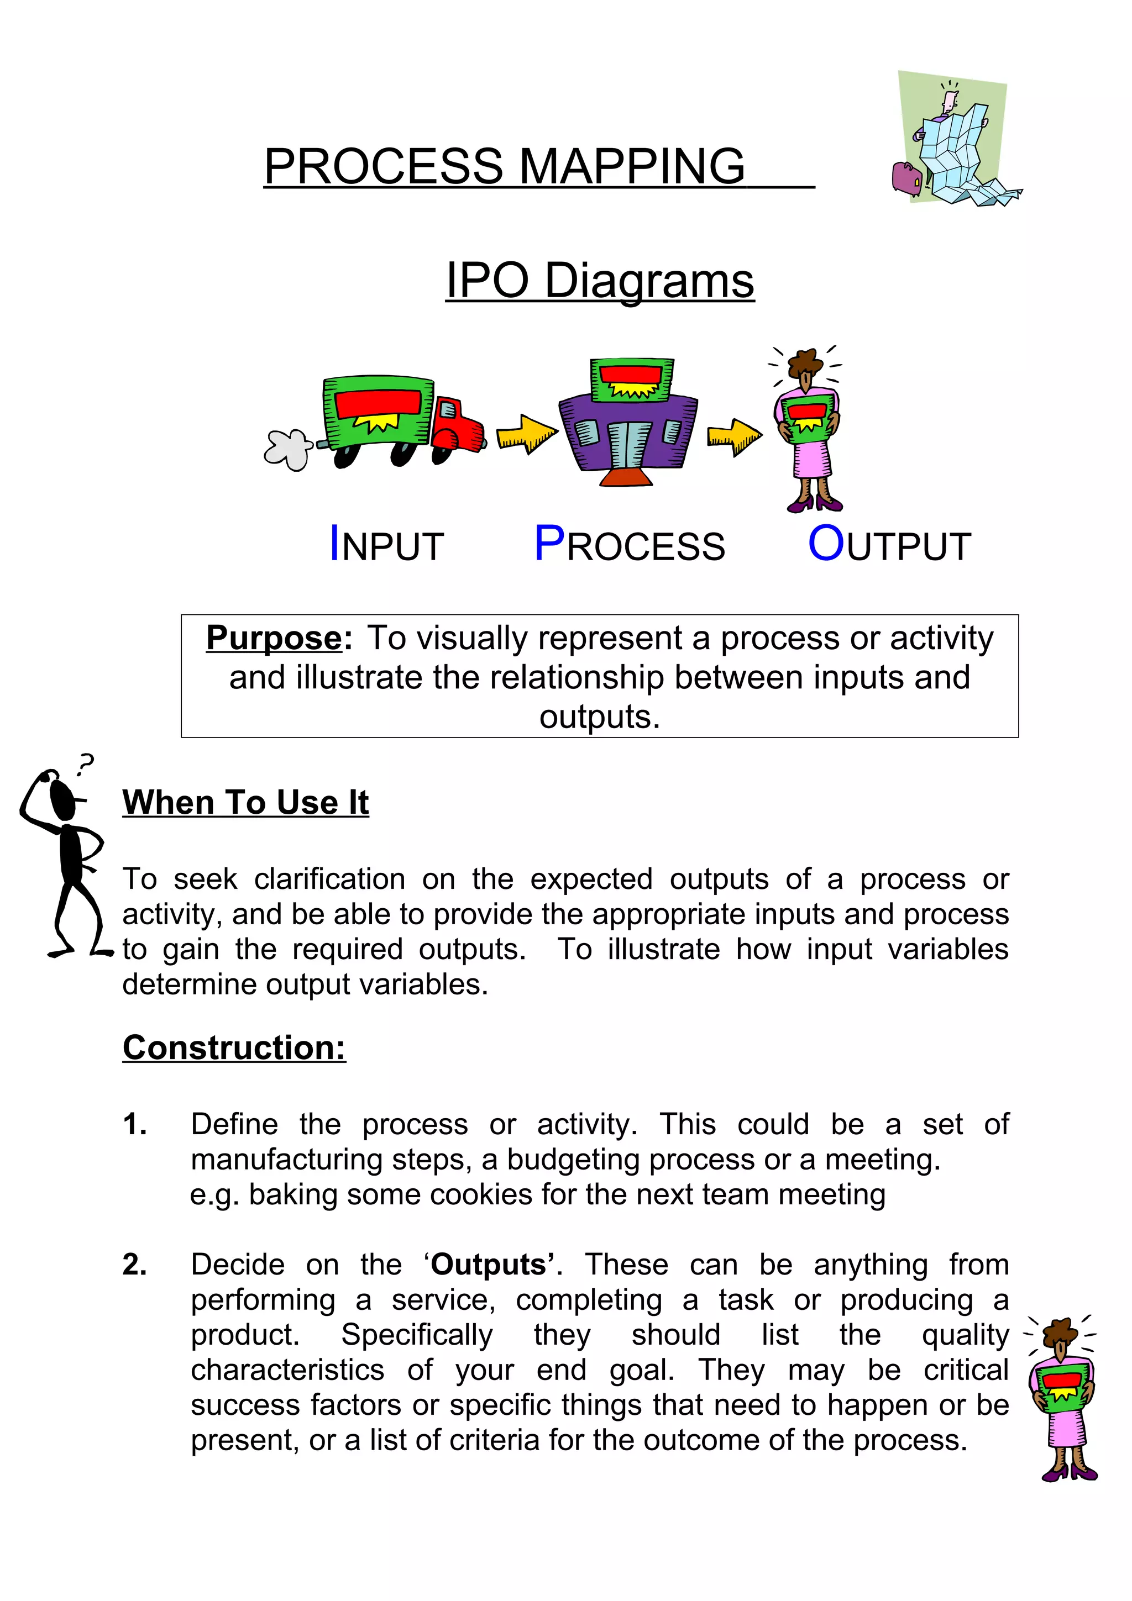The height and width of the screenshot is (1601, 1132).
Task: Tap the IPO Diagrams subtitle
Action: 600,280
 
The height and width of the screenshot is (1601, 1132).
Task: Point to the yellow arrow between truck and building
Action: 527,434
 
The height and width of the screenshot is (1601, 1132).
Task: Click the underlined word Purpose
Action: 274,638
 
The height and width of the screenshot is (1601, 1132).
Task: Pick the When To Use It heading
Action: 245,803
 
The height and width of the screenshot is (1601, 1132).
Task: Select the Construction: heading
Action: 234,1047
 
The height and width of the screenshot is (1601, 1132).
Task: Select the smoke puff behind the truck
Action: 287,449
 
